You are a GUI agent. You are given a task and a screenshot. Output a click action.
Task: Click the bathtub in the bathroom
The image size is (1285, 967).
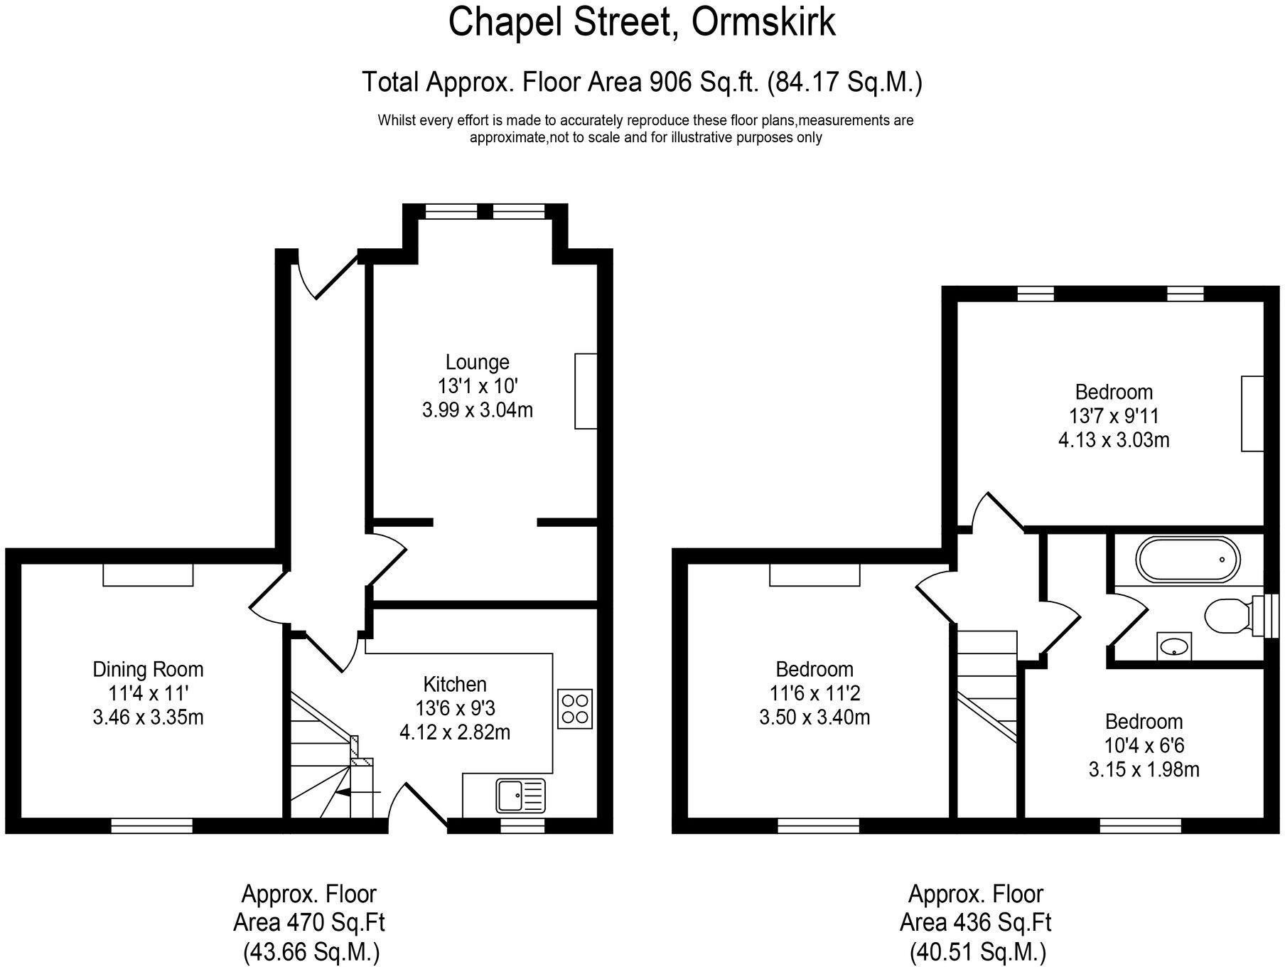(x=1188, y=560)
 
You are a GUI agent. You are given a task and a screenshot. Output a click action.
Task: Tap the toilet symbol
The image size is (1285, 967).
(x=1228, y=614)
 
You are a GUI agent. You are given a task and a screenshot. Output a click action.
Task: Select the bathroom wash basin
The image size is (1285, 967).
(x=1173, y=646)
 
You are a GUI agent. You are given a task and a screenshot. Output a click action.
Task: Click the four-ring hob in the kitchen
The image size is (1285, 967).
(x=575, y=709)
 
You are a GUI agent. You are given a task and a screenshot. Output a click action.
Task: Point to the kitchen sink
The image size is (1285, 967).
(x=520, y=796)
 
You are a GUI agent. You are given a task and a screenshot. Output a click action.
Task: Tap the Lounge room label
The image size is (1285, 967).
(x=477, y=362)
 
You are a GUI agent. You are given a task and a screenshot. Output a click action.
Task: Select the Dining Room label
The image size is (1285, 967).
(x=148, y=669)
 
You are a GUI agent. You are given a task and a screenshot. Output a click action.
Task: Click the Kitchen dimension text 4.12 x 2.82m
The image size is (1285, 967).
(x=455, y=732)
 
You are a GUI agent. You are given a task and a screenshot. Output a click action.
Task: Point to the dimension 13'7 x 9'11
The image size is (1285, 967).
(x=1114, y=416)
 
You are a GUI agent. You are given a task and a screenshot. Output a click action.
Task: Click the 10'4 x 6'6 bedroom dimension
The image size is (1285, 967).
(x=1144, y=745)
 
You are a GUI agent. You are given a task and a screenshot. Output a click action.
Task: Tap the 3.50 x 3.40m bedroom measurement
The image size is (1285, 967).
(x=814, y=717)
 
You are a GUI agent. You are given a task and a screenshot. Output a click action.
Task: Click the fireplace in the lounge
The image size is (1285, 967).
(x=586, y=391)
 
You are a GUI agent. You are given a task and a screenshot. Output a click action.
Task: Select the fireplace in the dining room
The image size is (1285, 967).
(x=148, y=575)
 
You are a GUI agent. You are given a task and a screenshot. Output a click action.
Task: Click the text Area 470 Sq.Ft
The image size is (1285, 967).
(x=308, y=923)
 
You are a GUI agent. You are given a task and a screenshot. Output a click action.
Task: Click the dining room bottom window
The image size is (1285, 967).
(x=151, y=826)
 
